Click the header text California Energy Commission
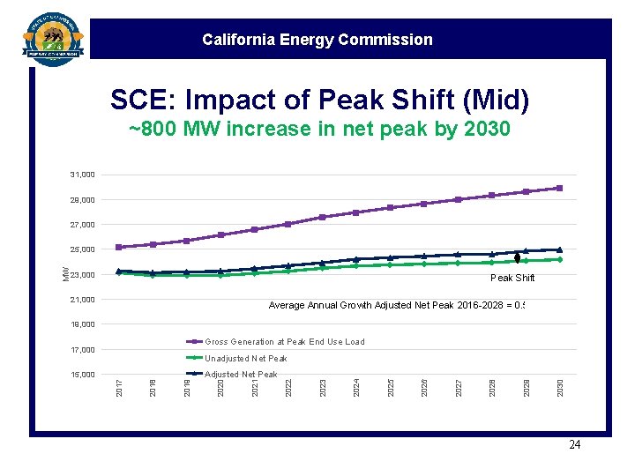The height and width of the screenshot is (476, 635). pyautogui.click(x=317, y=40)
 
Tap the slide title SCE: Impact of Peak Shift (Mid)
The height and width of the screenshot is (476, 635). pyautogui.click(x=319, y=100)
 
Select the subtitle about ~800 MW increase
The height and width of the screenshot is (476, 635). pyautogui.click(x=319, y=130)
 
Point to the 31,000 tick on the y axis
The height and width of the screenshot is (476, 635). pyautogui.click(x=83, y=175)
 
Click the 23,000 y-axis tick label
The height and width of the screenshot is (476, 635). pyautogui.click(x=83, y=275)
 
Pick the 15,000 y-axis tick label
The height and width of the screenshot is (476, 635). pyautogui.click(x=83, y=375)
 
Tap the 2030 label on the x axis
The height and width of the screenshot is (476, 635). pyautogui.click(x=560, y=386)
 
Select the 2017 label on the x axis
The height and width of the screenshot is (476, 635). pyautogui.click(x=119, y=386)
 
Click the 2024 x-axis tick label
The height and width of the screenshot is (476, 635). pyautogui.click(x=356, y=386)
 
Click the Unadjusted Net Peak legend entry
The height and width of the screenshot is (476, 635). pyautogui.click(x=246, y=359)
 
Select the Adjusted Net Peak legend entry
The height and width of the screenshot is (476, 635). pyautogui.click(x=241, y=375)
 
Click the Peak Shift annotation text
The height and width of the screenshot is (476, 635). pyautogui.click(x=512, y=278)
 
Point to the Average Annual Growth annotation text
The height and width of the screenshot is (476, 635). pyautogui.click(x=397, y=306)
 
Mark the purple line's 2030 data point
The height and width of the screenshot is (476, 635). pyautogui.click(x=559, y=188)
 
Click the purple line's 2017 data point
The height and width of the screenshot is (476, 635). pyautogui.click(x=119, y=247)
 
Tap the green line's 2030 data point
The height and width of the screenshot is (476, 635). pyautogui.click(x=559, y=259)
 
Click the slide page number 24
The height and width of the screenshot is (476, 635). pyautogui.click(x=574, y=445)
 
